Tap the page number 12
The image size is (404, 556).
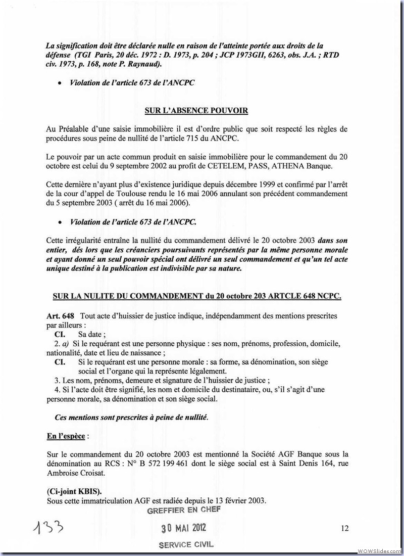click(345, 529)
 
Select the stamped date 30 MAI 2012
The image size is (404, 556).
click(184, 528)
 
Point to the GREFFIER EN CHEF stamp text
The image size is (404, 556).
click(184, 510)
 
